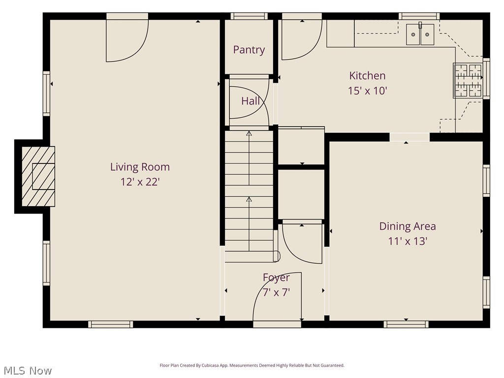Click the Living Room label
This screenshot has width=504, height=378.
140,167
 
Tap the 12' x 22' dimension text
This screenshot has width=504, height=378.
140,182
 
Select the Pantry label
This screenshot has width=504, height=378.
249,50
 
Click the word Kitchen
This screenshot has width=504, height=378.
367,76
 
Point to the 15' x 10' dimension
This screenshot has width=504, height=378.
367,91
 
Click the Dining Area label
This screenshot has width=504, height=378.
407,226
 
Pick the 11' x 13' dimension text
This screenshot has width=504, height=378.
407,242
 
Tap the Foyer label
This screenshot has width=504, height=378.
276,278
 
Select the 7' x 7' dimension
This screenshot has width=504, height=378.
276,292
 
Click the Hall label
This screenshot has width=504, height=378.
251,101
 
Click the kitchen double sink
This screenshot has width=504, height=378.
420,34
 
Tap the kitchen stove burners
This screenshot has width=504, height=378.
468,81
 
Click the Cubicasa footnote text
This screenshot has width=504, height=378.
252,366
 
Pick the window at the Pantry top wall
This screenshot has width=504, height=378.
249,16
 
